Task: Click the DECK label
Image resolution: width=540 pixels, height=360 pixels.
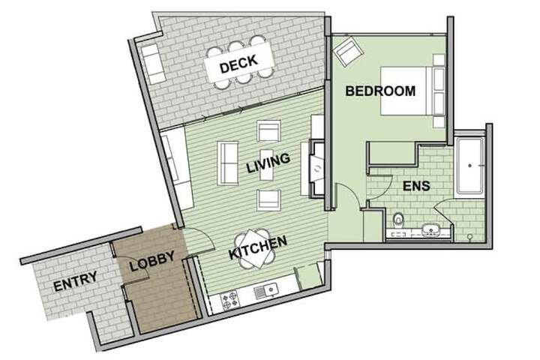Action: click(238, 64)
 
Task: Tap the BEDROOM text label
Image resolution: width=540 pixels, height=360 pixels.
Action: click(380, 91)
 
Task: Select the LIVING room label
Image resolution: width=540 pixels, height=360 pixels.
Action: click(268, 163)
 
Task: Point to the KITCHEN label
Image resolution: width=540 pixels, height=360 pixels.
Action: click(257, 247)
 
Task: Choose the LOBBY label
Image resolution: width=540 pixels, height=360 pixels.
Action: click(152, 260)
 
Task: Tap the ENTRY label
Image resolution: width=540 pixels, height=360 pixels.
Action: click(75, 281)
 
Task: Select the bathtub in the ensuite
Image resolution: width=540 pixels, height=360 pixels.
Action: click(469, 165)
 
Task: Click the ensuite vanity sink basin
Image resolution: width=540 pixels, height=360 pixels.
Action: click(430, 229)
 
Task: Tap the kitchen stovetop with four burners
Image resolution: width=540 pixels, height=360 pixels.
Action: click(229, 300)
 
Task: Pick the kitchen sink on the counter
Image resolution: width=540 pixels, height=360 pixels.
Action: click(265, 292)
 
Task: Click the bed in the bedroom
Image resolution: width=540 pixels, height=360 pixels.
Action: click(412, 91)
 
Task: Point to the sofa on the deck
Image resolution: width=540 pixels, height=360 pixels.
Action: click(154, 63)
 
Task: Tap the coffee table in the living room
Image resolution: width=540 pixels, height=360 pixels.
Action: click(267, 165)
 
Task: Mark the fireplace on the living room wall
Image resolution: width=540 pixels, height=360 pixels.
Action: click(317, 169)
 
